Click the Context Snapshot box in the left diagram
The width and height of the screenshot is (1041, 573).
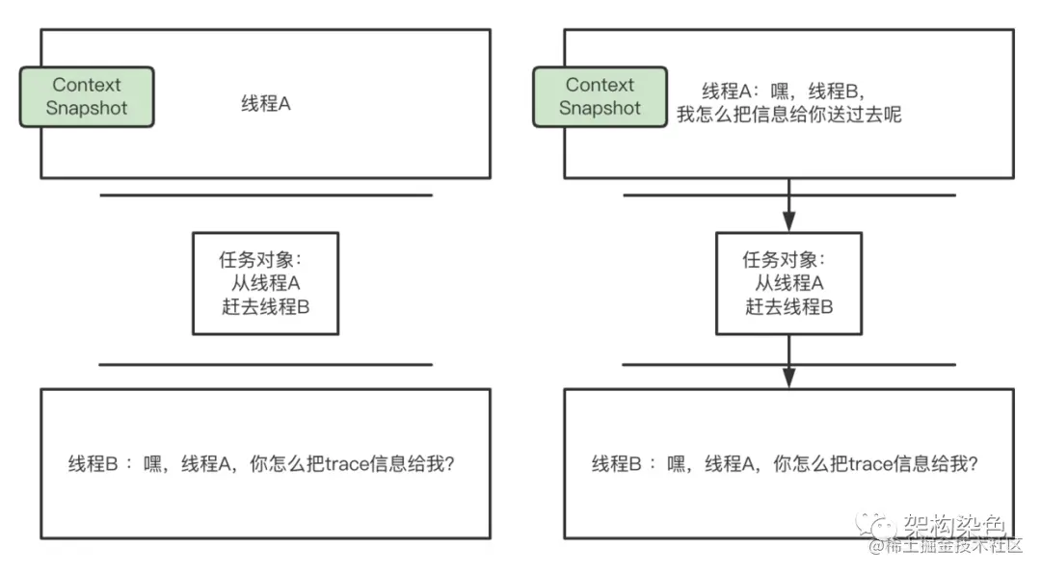(x=87, y=96)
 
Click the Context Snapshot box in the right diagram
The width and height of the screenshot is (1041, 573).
(x=600, y=96)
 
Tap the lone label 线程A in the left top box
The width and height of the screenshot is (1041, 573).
(x=265, y=104)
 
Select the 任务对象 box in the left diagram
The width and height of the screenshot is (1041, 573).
(x=265, y=283)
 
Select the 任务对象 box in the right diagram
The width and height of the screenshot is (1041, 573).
(x=787, y=283)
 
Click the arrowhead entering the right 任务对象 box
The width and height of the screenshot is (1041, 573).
(x=788, y=222)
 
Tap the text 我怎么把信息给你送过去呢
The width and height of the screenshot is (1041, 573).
(x=788, y=115)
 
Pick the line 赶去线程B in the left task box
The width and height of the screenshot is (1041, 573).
(x=265, y=307)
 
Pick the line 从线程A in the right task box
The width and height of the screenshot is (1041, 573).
(x=788, y=283)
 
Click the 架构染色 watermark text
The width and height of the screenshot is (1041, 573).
(x=954, y=525)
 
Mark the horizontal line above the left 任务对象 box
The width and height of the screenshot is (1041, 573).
(x=265, y=195)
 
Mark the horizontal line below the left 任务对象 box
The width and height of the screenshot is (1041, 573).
(x=265, y=365)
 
